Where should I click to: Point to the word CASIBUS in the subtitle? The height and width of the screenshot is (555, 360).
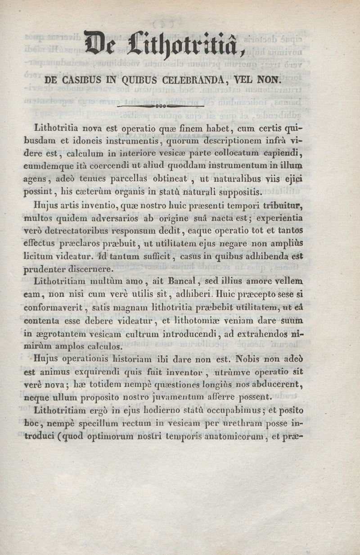84,81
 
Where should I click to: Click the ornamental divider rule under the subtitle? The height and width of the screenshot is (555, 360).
160,107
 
